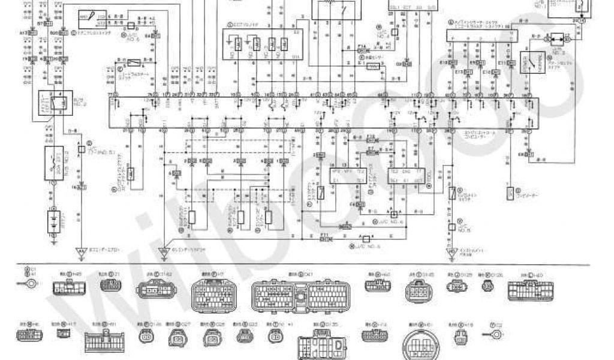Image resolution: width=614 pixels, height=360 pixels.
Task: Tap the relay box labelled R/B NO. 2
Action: click(52, 104)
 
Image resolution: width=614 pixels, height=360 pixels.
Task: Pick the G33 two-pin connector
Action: click(244, 335)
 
